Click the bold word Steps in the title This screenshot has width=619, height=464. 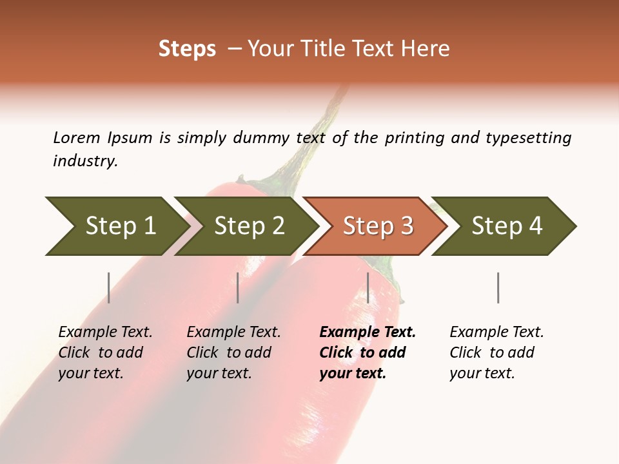187,49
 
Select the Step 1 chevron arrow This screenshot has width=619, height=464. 116,226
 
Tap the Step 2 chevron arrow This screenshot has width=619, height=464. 248,226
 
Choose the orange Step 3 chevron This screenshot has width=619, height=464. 377,226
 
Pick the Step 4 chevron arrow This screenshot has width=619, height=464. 506,226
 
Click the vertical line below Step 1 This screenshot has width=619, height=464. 109,287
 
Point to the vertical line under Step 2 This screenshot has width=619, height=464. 238,287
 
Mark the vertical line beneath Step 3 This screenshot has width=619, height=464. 368,287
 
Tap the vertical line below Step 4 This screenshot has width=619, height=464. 498,287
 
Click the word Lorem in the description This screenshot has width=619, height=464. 77,137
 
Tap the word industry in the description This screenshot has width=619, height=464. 84,160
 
